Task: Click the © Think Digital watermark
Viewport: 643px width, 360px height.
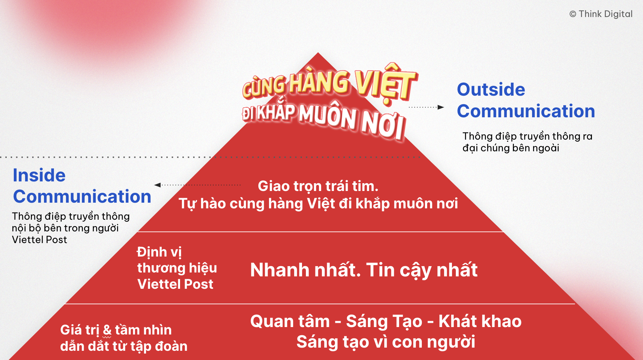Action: pyautogui.click(x=601, y=14)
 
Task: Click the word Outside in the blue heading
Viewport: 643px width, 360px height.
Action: pyautogui.click(x=491, y=89)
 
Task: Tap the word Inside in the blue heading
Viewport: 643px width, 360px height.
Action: pyautogui.click(x=39, y=175)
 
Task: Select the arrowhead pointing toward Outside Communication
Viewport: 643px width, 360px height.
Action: pyautogui.click(x=441, y=107)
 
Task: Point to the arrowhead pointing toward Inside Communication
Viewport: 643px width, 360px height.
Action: pyautogui.click(x=158, y=185)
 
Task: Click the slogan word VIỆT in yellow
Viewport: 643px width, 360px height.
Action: pyautogui.click(x=386, y=84)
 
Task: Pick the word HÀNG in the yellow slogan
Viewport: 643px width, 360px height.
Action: pyautogui.click(x=319, y=82)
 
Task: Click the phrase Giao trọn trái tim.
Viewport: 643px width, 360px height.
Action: pyautogui.click(x=318, y=186)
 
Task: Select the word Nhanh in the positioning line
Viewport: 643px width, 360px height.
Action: pyautogui.click(x=280, y=270)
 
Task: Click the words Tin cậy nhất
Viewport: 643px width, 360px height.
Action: pyautogui.click(x=422, y=270)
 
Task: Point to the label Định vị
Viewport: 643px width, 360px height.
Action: pyautogui.click(x=159, y=252)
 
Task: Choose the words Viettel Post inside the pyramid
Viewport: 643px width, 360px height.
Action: pyautogui.click(x=175, y=284)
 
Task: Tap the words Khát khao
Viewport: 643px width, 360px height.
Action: pyautogui.click(x=480, y=321)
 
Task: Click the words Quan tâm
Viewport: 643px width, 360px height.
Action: pyautogui.click(x=290, y=321)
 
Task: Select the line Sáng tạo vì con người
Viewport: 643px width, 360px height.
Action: pyautogui.click(x=386, y=342)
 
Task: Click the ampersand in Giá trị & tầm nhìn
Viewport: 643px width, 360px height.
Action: pyautogui.click(x=107, y=330)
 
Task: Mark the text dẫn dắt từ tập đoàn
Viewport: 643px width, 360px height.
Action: pyautogui.click(x=124, y=346)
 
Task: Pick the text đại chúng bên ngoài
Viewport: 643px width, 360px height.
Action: pyautogui.click(x=511, y=148)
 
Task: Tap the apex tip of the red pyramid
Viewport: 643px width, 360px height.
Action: pyautogui.click(x=318, y=53)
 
